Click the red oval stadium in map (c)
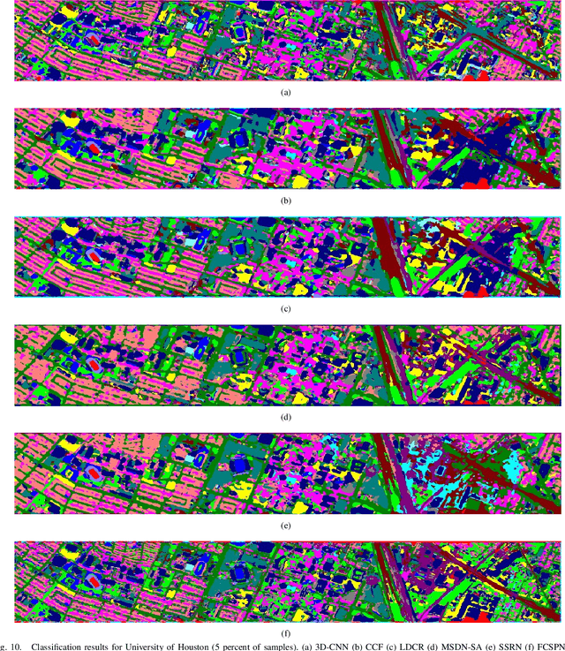click(x=92, y=257)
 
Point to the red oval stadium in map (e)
click(x=92, y=473)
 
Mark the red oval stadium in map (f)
click(x=92, y=581)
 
